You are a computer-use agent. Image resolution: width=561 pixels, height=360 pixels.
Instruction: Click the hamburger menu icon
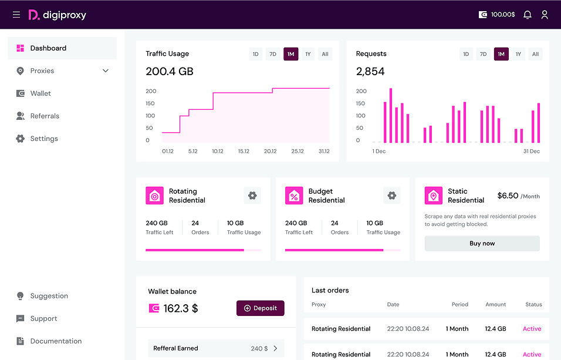point(16,15)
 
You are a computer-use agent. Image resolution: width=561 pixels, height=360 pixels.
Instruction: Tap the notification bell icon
point(527,15)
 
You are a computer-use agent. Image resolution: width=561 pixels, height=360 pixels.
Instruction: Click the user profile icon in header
point(545,15)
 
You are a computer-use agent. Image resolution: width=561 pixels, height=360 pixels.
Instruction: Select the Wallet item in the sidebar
point(40,93)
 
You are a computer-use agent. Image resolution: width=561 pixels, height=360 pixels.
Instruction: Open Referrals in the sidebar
point(45,116)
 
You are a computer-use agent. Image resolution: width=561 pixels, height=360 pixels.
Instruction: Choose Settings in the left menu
point(44,139)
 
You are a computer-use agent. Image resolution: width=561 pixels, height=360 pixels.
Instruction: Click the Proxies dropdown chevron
point(106,71)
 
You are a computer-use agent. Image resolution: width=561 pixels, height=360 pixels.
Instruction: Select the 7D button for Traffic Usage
point(273,54)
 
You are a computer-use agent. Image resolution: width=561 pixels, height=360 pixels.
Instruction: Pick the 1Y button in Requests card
point(518,54)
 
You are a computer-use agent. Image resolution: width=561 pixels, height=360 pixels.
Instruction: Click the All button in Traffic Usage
point(325,54)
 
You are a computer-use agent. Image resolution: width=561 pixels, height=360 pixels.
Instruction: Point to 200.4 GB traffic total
point(170,72)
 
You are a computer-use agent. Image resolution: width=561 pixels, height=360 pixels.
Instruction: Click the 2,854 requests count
point(370,72)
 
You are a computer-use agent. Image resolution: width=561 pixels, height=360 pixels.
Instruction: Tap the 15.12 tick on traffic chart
point(244,152)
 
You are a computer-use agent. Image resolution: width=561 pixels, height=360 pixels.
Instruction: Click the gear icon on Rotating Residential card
point(252,196)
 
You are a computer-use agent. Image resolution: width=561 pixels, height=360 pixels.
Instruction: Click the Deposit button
point(260,308)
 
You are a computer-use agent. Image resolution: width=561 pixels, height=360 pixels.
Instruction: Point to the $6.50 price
point(508,196)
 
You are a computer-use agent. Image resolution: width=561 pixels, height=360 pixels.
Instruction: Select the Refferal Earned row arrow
point(275,348)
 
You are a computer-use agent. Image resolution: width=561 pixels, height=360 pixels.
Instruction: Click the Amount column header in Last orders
point(495,305)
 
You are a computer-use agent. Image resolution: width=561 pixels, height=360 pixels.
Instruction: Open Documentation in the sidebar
point(56,341)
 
